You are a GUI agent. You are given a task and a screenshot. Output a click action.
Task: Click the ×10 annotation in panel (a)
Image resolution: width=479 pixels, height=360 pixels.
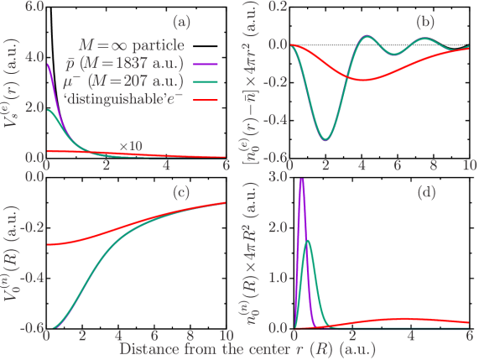click(130, 146)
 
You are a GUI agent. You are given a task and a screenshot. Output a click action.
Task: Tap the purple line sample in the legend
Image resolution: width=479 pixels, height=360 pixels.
click(206, 64)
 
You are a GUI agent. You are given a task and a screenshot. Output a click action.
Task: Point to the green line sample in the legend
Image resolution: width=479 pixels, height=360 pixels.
click(206, 81)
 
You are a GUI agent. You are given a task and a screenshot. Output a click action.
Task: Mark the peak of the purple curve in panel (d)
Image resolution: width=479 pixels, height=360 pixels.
click(301, 179)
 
